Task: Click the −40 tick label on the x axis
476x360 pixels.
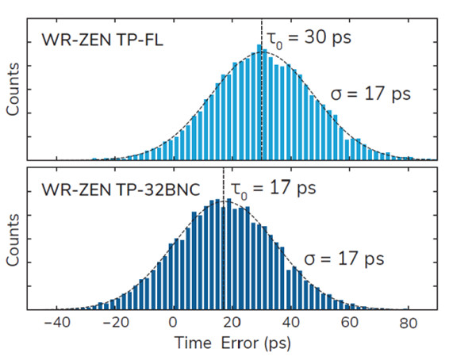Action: point(56,324)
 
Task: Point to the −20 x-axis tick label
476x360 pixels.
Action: point(115,324)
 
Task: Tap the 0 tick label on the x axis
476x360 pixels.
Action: point(174,324)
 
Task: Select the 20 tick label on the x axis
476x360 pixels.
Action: point(232,324)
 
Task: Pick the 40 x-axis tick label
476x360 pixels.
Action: point(290,324)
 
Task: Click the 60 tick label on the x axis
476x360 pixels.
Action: point(349,324)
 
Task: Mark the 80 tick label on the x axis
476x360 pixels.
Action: point(407,324)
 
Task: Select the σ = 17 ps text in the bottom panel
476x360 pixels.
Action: point(345,259)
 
